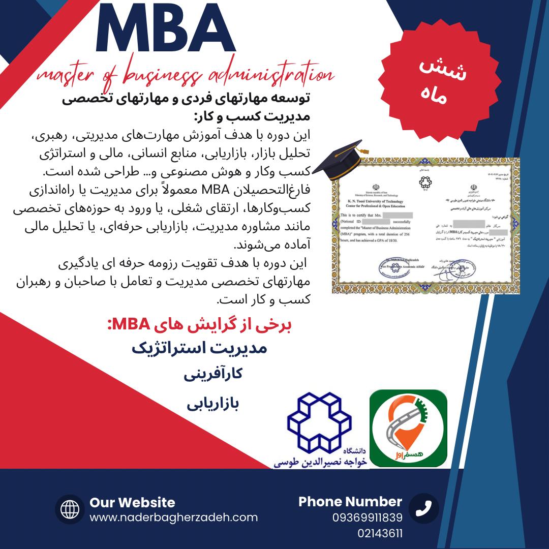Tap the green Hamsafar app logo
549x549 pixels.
408,428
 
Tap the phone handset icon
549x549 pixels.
424,508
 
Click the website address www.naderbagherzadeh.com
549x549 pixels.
174,517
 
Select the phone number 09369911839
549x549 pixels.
368,518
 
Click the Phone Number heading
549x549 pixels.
350,502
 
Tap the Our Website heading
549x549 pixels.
132,503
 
